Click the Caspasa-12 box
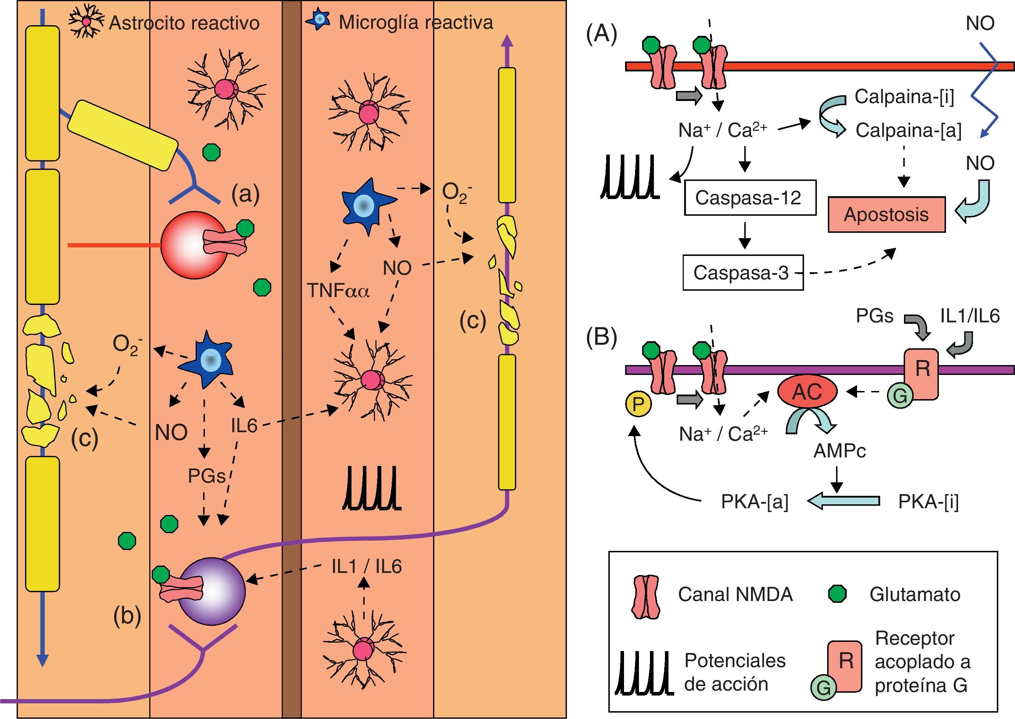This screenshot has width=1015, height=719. point(750,198)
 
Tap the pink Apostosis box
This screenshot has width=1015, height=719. point(887,214)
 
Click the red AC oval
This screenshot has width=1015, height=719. point(808,391)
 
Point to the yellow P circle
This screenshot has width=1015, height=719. point(638,404)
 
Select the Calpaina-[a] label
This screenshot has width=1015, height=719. point(908,130)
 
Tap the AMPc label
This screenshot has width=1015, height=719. point(839,451)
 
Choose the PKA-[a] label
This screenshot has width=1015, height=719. point(755,501)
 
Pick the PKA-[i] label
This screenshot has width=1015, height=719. point(928,501)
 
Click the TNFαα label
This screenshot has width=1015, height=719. point(338,290)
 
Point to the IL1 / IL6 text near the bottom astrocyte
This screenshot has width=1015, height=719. point(366,566)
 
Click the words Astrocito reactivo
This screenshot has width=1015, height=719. point(184,23)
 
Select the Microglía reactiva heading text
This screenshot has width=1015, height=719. point(415,22)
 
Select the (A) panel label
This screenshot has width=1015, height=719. point(601,34)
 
